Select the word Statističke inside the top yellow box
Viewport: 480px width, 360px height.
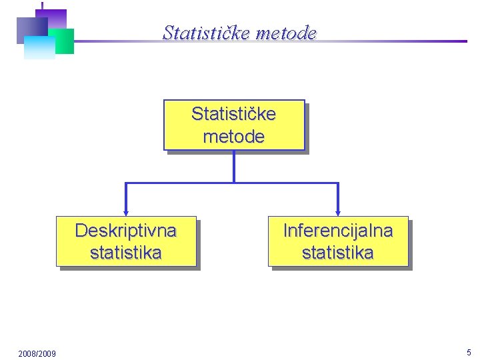(233, 114)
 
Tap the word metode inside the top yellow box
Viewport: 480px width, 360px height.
(233, 137)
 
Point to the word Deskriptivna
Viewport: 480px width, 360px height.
(125, 231)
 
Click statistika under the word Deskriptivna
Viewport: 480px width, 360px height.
(125, 253)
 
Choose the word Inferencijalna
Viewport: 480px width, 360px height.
(337, 231)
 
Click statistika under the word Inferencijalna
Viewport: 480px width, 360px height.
(337, 253)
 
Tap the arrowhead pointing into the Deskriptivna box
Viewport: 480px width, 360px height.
(125, 213)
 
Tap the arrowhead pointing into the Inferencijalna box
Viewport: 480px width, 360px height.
(338, 213)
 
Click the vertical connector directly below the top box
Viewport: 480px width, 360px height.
(233, 167)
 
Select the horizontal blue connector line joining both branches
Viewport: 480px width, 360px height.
(280, 183)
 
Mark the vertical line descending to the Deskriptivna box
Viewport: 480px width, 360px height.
(125, 197)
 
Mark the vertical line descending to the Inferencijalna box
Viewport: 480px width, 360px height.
(338, 197)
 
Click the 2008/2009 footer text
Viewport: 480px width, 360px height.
(37, 353)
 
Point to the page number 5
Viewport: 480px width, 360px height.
(469, 352)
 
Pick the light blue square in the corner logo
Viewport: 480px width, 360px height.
(39, 48)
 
